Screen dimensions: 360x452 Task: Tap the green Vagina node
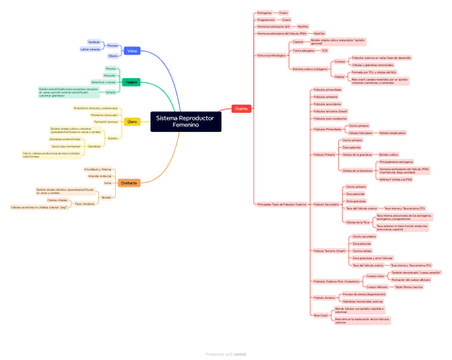point(132,83)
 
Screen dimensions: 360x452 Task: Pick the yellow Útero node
point(131,123)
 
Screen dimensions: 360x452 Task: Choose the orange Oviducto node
point(130,183)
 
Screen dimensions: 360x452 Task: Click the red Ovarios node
point(240,109)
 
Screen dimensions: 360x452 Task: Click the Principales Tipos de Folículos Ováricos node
point(282,204)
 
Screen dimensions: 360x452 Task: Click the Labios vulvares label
point(90,49)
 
